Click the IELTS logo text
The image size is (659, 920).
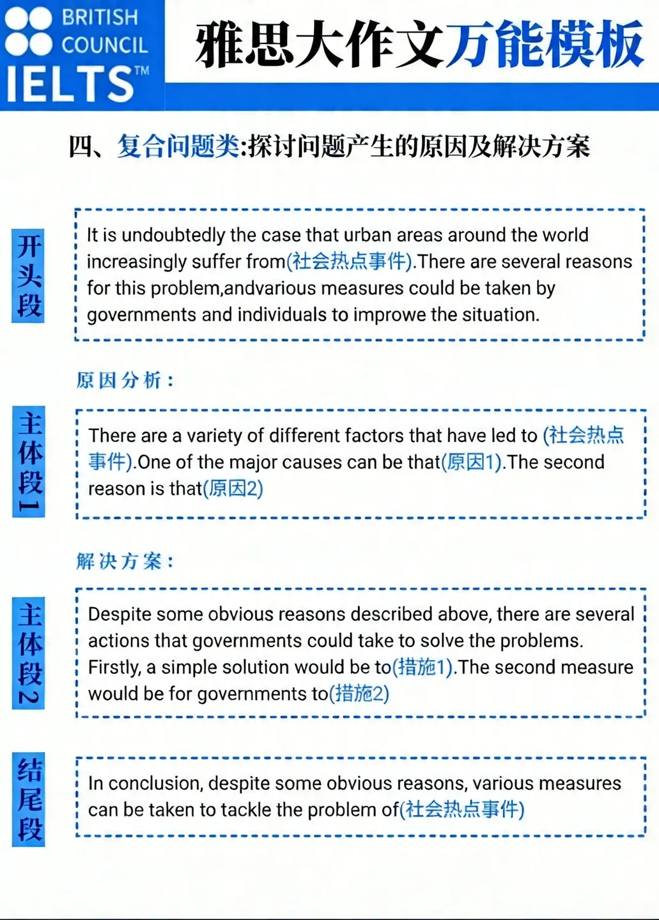coord(70,84)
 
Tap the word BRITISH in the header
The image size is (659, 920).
coord(100,17)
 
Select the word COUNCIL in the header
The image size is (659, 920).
coord(104,45)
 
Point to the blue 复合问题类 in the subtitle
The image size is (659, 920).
coord(178,146)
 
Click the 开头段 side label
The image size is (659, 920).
coord(29,275)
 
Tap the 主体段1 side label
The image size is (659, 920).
coord(29,461)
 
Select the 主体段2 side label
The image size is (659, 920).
coord(29,653)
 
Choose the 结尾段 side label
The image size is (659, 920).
coord(29,799)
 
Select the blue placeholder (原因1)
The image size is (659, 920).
coord(472,462)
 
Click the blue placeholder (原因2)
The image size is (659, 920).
coord(233,489)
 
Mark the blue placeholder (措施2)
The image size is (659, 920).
coord(359,694)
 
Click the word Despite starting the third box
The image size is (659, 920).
coord(120,615)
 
